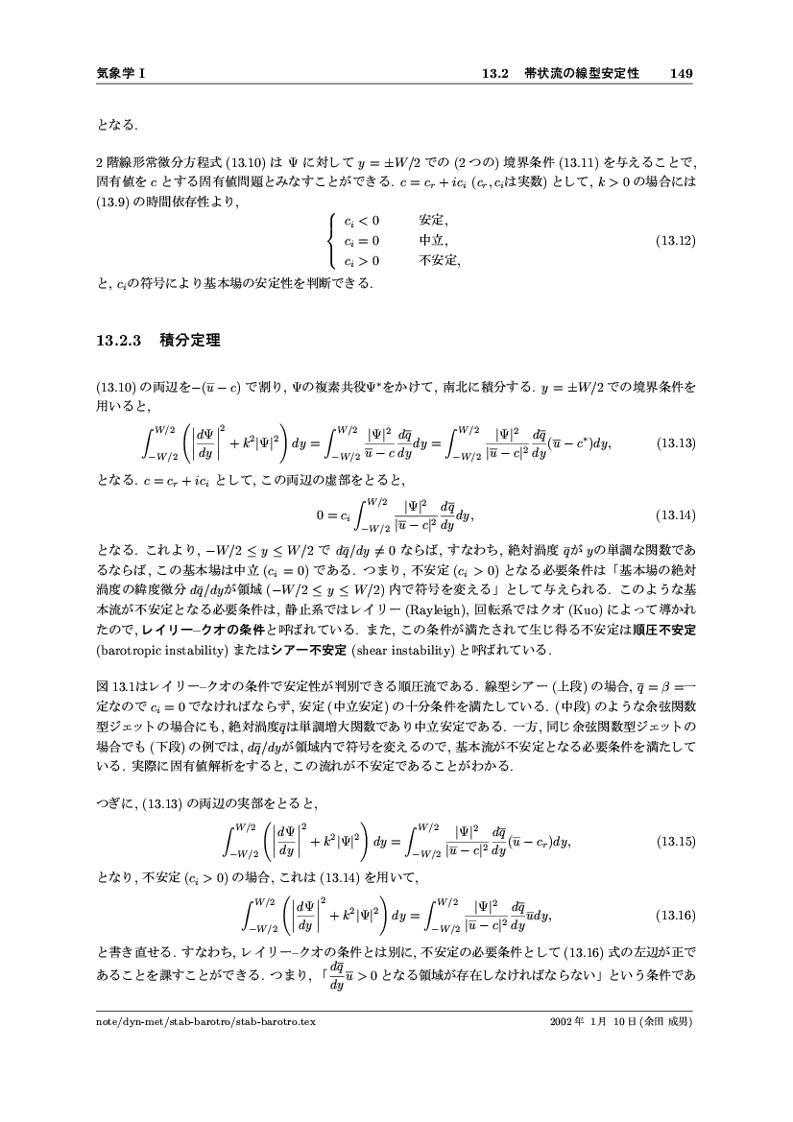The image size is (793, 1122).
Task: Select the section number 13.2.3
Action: (119, 340)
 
